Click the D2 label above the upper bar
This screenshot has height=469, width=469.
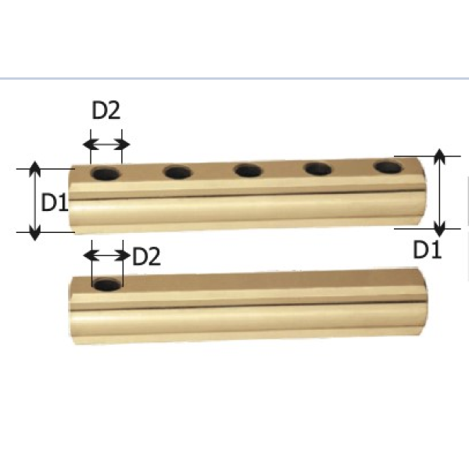coord(106,110)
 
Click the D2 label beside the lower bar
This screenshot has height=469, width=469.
coord(146,256)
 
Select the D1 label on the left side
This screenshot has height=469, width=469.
coord(55,202)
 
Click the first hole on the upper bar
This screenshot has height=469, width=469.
coord(106,174)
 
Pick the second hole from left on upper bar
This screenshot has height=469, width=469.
coord(177,173)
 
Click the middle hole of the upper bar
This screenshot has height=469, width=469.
coord(249,170)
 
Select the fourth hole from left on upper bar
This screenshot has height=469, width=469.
coord(318,169)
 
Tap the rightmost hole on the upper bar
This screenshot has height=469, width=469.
coord(388,167)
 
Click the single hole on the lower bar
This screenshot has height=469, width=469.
coord(107,285)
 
